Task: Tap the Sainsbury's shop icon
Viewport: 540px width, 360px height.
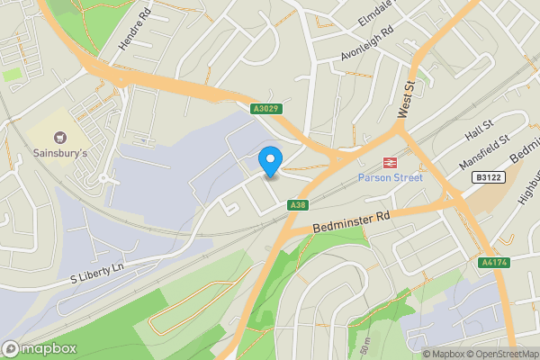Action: (x=61, y=138)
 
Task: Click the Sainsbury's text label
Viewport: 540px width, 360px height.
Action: (x=61, y=153)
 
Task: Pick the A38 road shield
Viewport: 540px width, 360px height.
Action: (x=299, y=206)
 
